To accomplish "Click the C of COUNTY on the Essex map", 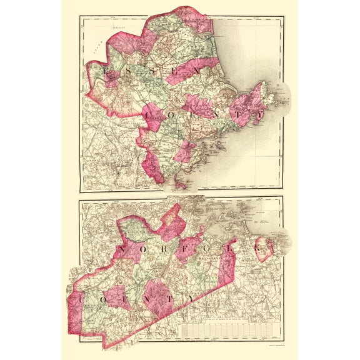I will pyautogui.click(x=151, y=115).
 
